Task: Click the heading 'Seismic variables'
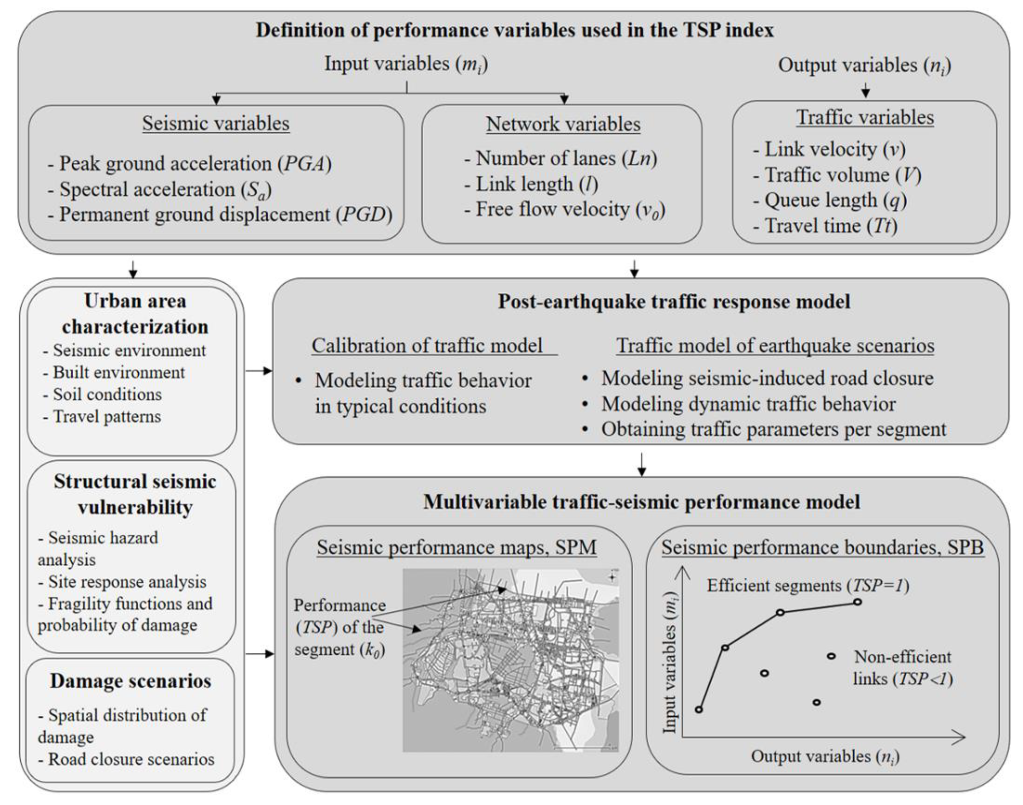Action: (216, 123)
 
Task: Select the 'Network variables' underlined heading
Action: (563, 124)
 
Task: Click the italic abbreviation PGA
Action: (304, 164)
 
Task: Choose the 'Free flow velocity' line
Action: (564, 210)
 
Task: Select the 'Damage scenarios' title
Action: (131, 681)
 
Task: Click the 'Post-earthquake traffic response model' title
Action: (674, 301)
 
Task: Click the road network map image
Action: (510, 660)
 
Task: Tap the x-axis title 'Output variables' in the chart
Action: (825, 756)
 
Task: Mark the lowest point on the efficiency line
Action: (699, 709)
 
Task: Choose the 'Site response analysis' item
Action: (122, 582)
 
